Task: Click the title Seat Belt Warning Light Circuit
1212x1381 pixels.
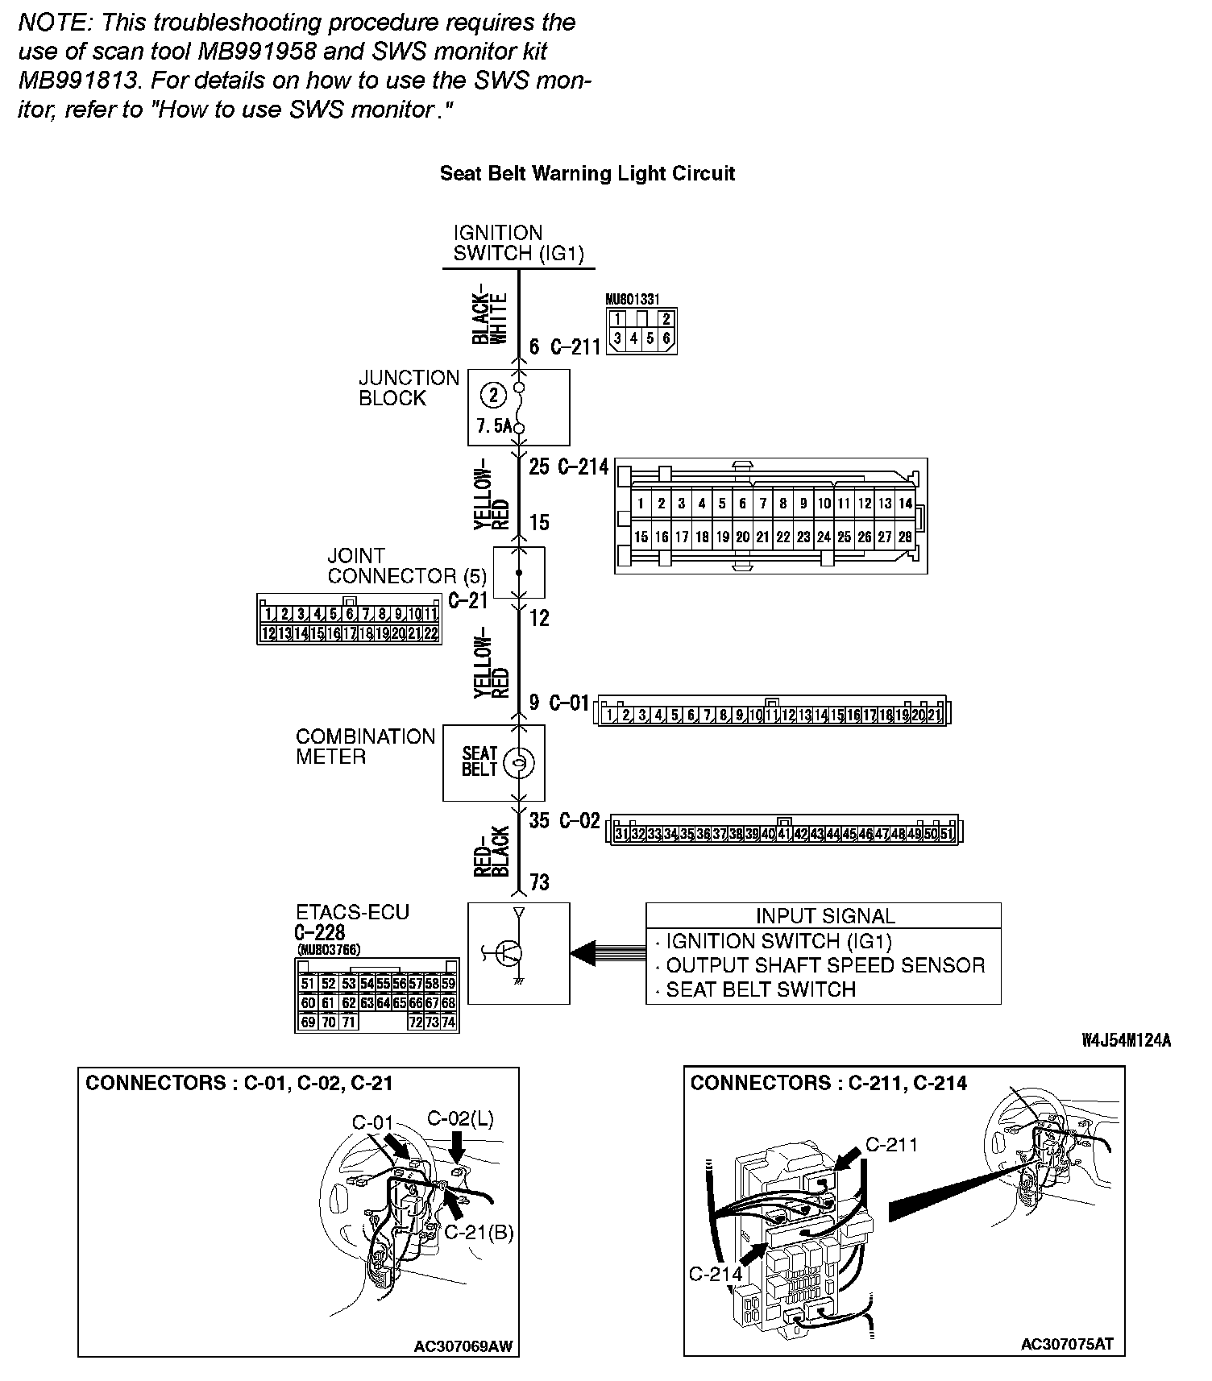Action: [587, 173]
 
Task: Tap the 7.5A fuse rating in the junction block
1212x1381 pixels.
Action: [493, 426]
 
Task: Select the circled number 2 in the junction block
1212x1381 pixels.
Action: [493, 395]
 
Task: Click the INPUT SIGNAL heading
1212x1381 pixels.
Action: [824, 916]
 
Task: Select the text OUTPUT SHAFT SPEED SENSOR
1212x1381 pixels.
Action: [824, 965]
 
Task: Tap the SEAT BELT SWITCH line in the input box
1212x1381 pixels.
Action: [760, 989]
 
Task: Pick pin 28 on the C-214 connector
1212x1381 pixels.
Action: [905, 537]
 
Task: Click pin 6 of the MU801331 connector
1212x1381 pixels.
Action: [666, 338]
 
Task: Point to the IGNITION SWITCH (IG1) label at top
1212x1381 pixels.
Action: [518, 243]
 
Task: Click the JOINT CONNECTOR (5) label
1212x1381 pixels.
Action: [407, 566]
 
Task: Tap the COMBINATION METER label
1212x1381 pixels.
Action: [365, 747]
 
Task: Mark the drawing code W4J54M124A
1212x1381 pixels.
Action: [1126, 1041]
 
